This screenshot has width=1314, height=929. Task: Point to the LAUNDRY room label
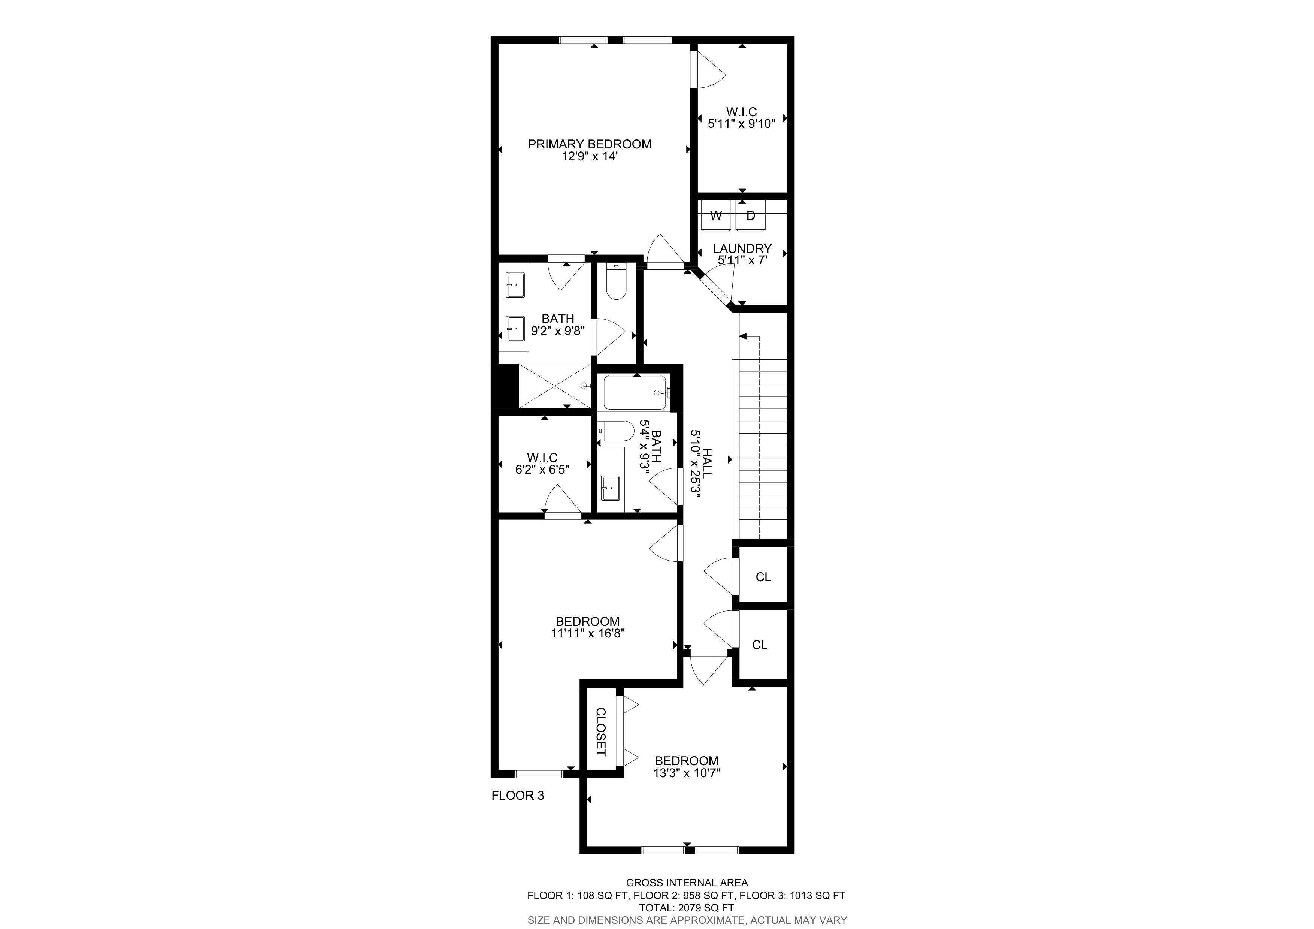742,248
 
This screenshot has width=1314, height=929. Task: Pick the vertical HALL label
707,463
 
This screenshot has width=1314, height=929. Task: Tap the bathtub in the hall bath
636,393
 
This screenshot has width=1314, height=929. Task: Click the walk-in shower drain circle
584,386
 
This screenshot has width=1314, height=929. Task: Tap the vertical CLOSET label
601,732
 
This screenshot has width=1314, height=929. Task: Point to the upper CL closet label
763,577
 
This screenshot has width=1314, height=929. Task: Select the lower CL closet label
759,645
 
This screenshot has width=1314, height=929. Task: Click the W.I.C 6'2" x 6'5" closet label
542,464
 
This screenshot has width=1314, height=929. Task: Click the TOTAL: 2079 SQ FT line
687,908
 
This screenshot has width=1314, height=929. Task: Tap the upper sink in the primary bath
115,285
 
